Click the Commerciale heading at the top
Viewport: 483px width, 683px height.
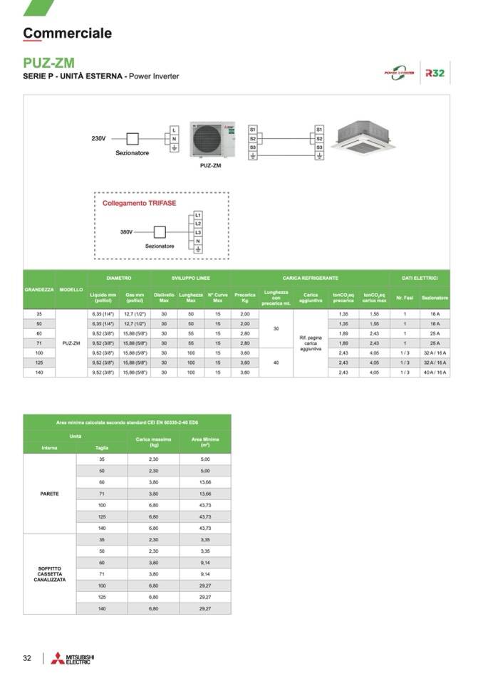[67, 33]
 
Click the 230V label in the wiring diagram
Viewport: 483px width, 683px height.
[98, 137]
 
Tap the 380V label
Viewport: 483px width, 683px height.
[125, 232]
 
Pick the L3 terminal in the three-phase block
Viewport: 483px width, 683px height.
[198, 233]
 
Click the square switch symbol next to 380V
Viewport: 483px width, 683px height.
[160, 232]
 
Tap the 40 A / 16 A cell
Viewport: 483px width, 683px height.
[435, 372]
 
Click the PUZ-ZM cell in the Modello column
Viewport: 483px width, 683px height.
[71, 343]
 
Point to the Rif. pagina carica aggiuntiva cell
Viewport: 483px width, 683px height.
[310, 343]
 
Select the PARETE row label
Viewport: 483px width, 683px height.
[49, 493]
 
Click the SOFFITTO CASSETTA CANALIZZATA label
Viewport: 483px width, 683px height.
[49, 573]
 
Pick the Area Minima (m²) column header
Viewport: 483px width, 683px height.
[205, 442]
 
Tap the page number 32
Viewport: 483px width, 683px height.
[27, 658]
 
